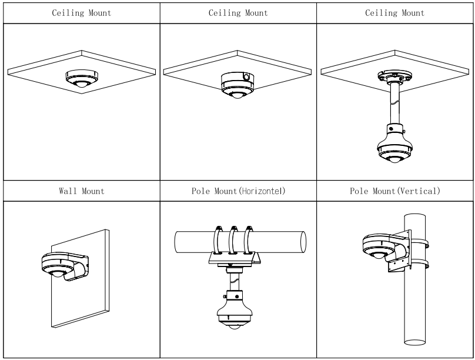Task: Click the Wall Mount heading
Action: [81, 191]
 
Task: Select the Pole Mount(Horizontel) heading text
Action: [239, 191]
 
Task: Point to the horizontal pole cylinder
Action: [188, 242]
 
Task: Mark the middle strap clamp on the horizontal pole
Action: [234, 238]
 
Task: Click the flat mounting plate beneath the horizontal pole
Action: [234, 259]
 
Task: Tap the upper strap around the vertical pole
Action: [419, 238]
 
